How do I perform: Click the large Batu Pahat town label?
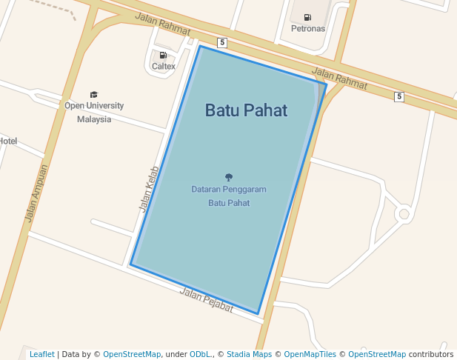(246, 110)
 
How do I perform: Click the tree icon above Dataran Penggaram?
(228, 177)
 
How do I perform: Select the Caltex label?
(164, 66)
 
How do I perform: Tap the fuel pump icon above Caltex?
(163, 55)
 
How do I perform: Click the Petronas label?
(307, 29)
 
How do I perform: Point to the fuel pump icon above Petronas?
(307, 17)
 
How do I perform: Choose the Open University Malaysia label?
(94, 112)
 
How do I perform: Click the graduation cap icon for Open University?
(94, 94)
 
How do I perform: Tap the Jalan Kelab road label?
(148, 189)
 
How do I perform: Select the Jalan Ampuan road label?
(36, 193)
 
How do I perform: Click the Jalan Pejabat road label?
(206, 300)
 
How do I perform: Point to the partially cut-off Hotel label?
(8, 141)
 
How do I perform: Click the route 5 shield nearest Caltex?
(221, 42)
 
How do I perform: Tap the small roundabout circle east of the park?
(404, 215)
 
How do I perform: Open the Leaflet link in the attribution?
(41, 354)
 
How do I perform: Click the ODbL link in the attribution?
(200, 354)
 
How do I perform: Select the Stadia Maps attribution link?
(249, 354)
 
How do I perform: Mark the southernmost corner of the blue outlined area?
(258, 314)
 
